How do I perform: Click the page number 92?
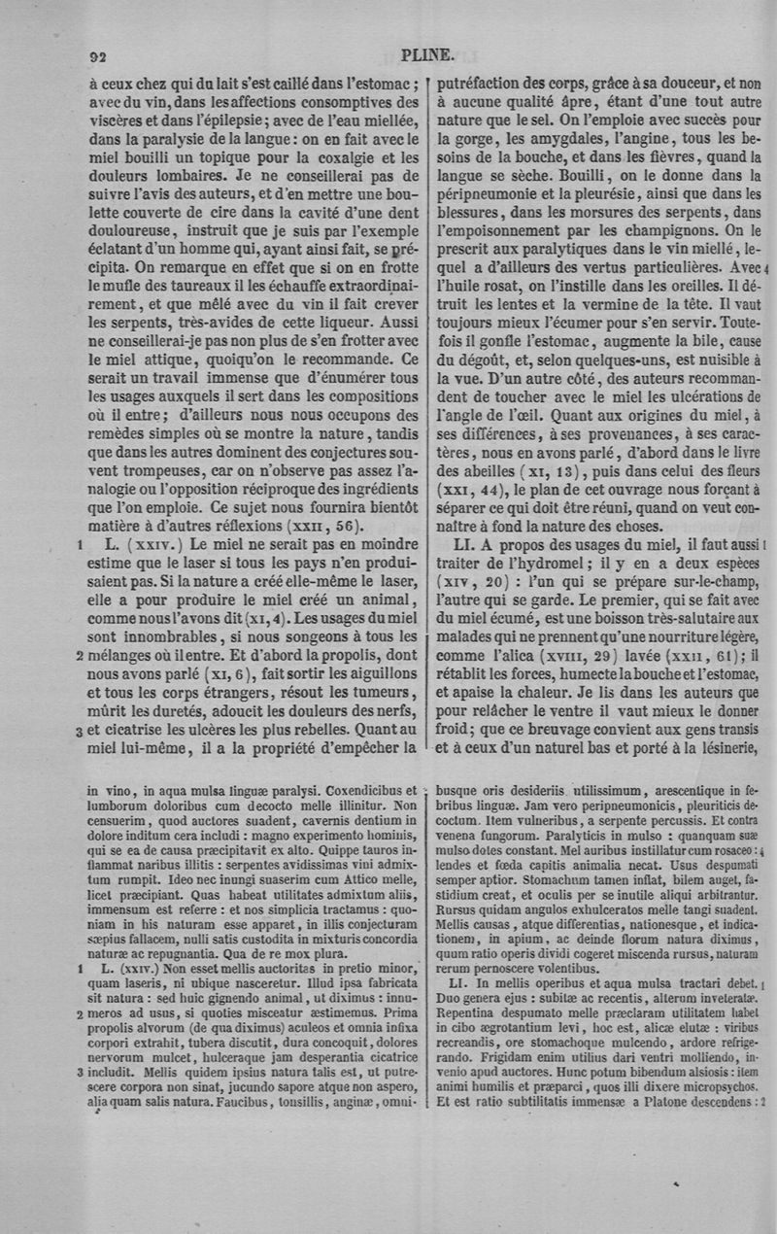pyautogui.click(x=98, y=56)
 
